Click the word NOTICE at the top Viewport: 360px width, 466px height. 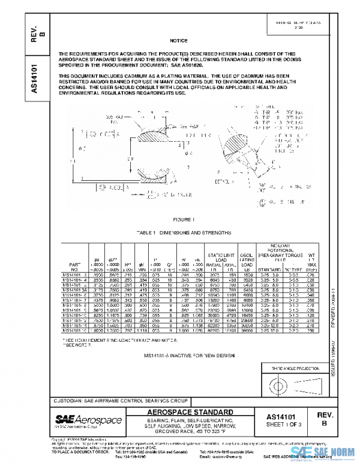point(179,40)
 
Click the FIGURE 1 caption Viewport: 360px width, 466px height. point(179,220)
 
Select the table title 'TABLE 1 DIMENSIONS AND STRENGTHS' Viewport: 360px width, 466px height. point(179,232)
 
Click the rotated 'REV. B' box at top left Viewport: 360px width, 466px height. point(34,32)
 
